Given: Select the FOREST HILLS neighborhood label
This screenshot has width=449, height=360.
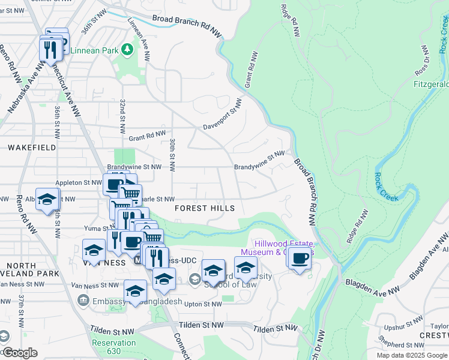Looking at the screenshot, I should (204, 208).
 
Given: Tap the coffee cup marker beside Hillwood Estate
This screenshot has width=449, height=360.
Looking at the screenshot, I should (300, 259).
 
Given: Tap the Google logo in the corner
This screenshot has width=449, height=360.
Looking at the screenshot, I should (19, 353).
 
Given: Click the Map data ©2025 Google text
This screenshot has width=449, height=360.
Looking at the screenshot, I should (412, 355).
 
